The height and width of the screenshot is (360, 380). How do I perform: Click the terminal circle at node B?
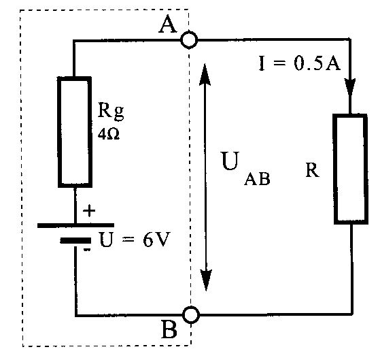[191, 307]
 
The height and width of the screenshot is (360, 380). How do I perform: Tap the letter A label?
[168, 24]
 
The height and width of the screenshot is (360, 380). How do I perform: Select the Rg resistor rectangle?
[58, 132]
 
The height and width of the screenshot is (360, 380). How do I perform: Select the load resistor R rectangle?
[334, 169]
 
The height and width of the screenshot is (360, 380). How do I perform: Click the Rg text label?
[111, 112]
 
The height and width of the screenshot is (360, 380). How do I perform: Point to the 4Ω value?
[109, 133]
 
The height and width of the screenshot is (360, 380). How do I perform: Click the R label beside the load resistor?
[312, 170]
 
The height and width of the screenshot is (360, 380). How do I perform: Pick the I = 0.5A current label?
[300, 63]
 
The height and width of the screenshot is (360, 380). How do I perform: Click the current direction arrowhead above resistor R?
[350, 87]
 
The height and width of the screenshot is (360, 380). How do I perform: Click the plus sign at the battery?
[89, 211]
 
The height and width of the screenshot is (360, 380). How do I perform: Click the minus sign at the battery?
[87, 250]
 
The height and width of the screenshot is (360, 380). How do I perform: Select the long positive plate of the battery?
[75, 225]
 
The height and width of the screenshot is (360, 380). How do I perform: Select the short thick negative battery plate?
[75, 241]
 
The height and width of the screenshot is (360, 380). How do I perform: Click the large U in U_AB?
[230, 161]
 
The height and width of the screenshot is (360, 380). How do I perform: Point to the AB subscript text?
[257, 179]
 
